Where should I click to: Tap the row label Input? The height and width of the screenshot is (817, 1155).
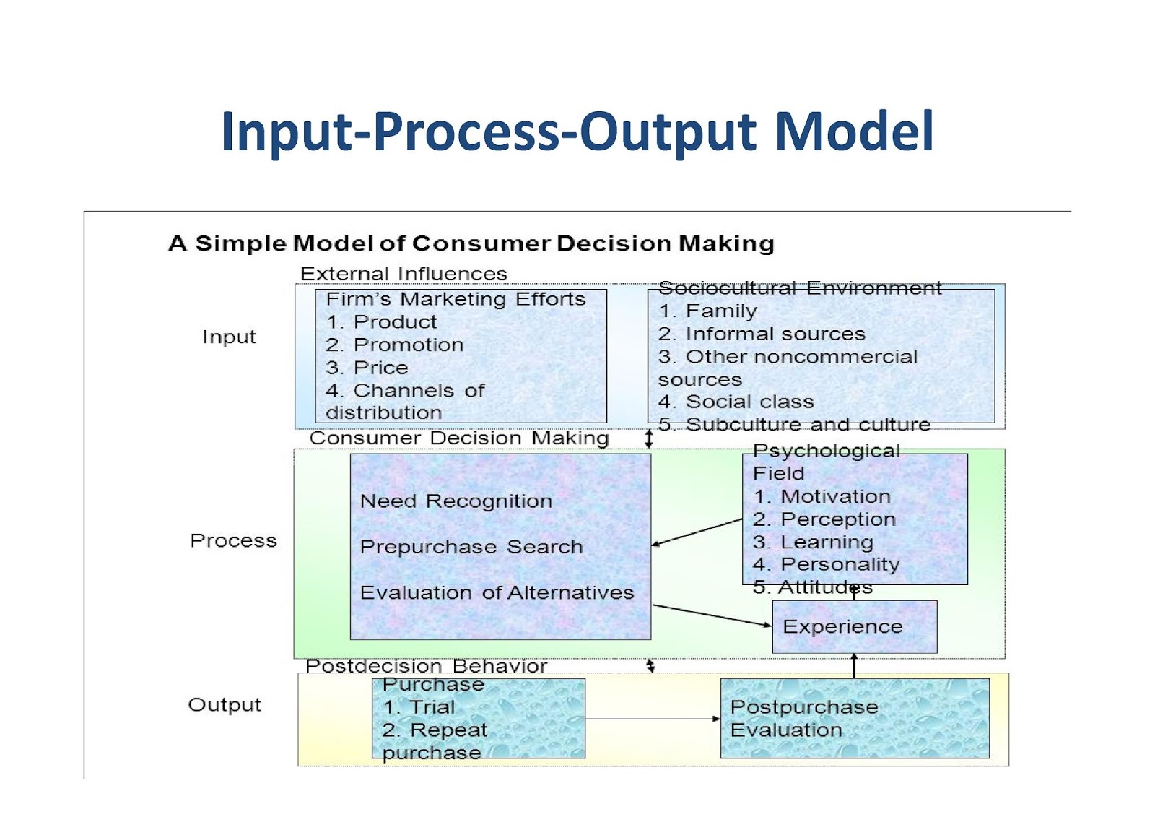pyautogui.click(x=229, y=337)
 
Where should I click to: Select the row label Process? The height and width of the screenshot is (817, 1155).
pyautogui.click(x=233, y=541)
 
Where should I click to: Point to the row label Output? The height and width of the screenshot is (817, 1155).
pyautogui.click(x=225, y=705)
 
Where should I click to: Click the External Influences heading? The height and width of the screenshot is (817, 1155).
pyautogui.click(x=404, y=274)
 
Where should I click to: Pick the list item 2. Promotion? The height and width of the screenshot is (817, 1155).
pyautogui.click(x=394, y=345)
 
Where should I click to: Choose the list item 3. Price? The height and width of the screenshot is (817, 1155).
pyautogui.click(x=367, y=368)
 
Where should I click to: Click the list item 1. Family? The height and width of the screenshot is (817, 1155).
pyautogui.click(x=707, y=311)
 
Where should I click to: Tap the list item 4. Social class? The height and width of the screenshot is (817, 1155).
pyautogui.click(x=736, y=402)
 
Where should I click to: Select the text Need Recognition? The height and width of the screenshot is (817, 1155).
pyautogui.click(x=456, y=501)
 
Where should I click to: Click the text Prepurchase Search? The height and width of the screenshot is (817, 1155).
pyautogui.click(x=471, y=547)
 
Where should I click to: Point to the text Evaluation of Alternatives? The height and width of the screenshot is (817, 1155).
pyautogui.click(x=497, y=593)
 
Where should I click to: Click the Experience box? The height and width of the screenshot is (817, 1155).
pyautogui.click(x=854, y=627)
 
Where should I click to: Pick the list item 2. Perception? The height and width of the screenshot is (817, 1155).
pyautogui.click(x=824, y=519)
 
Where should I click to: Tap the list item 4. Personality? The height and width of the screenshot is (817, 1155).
pyautogui.click(x=826, y=564)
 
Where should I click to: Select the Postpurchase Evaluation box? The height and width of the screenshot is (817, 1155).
pyautogui.click(x=855, y=718)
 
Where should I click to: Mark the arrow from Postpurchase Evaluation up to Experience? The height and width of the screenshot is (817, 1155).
pyautogui.click(x=854, y=665)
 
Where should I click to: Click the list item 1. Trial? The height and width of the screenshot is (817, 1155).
pyautogui.click(x=419, y=707)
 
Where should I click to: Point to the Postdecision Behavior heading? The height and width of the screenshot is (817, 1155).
pyautogui.click(x=426, y=665)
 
